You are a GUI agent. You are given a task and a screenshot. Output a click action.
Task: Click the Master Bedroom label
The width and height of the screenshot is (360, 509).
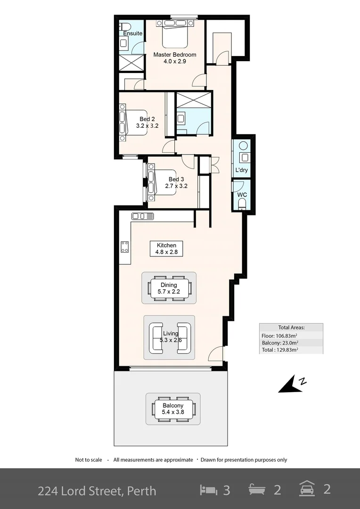point(175,55)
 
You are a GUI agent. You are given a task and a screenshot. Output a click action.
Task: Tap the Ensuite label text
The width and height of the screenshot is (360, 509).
point(132,33)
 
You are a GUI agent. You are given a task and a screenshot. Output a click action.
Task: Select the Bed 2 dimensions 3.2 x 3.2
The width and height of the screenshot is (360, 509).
point(147,126)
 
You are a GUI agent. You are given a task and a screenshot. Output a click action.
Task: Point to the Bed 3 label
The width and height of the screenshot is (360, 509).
point(176,179)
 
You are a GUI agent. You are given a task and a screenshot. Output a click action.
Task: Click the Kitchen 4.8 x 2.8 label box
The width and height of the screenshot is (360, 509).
point(166,248)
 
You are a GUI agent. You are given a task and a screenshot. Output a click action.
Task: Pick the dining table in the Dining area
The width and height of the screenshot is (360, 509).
point(169,288)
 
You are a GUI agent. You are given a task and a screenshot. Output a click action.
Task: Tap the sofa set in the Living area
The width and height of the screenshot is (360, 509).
point(169,337)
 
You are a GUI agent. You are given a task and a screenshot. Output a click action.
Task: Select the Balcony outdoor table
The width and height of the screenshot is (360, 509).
point(172,409)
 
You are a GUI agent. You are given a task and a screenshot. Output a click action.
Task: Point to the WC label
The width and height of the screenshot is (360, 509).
point(242,195)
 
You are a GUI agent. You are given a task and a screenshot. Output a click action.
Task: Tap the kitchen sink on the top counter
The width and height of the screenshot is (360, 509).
point(143,216)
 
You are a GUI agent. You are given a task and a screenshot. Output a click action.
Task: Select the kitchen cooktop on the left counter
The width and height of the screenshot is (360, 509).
point(125,246)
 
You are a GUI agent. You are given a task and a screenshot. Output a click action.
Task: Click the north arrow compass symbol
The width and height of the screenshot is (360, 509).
point(292,384)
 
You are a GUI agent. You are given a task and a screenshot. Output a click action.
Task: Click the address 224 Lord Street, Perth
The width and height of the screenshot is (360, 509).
point(97,491)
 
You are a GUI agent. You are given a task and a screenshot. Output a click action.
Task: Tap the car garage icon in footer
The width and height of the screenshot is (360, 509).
point(307,489)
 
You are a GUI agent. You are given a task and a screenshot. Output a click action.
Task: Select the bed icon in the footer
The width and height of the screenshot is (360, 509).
point(209,490)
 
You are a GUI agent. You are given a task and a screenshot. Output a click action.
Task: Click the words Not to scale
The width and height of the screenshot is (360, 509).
point(89,460)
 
